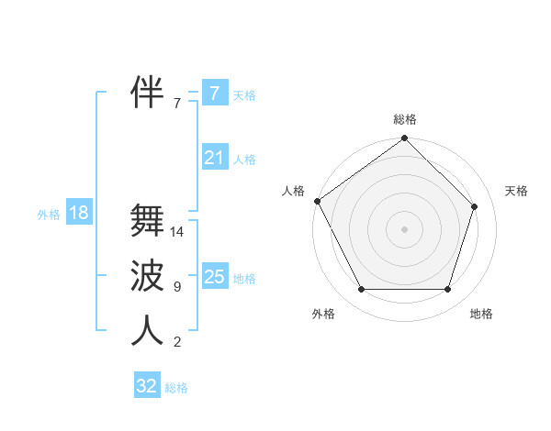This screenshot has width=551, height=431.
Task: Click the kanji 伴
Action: pyautogui.click(x=147, y=92)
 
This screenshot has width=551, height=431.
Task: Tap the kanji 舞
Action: pyautogui.click(x=147, y=220)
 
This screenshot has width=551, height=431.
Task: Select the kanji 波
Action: pyautogui.click(x=147, y=275)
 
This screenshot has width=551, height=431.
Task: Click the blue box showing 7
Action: pyautogui.click(x=214, y=94)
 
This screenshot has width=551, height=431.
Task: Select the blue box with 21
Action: pyautogui.click(x=214, y=158)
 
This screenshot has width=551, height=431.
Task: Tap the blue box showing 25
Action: pyautogui.click(x=214, y=277)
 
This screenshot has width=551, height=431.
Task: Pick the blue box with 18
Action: pyautogui.click(x=79, y=214)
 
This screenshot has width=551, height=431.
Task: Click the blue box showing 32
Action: pyautogui.click(x=147, y=386)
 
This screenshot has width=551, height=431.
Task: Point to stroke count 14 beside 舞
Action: pyautogui.click(x=178, y=232)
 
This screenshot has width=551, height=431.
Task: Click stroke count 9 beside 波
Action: pyautogui.click(x=177, y=287)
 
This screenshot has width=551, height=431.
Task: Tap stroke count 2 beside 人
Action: pyautogui.click(x=177, y=342)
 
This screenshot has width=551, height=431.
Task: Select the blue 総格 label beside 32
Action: pyautogui.click(x=176, y=388)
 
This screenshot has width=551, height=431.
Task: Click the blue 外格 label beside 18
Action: pyautogui.click(x=49, y=215)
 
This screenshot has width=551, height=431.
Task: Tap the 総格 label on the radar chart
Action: pyautogui.click(x=405, y=119)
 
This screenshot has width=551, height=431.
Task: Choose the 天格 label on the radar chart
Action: pyautogui.click(x=516, y=191)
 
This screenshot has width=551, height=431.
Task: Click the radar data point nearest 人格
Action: pyautogui.click(x=318, y=201)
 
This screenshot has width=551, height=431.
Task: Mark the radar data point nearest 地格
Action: pyautogui.click(x=448, y=290)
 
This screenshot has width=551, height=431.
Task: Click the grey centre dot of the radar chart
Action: pyautogui.click(x=404, y=228)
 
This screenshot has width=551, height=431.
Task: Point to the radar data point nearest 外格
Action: pyautogui.click(x=361, y=290)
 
